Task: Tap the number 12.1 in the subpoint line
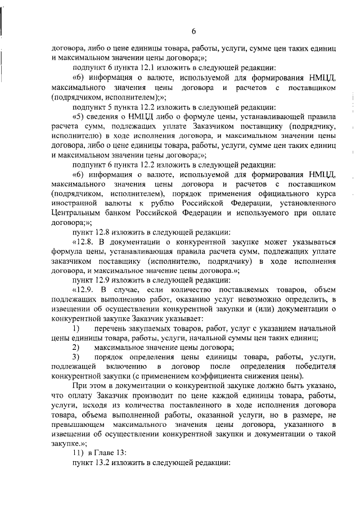pyautogui.click(x=139, y=67)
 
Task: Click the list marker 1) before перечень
pyautogui.click(x=76, y=328)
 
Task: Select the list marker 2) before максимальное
pyautogui.click(x=76, y=348)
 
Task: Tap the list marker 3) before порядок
pyautogui.click(x=76, y=357)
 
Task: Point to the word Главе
pyautogui.click(x=105, y=453)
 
